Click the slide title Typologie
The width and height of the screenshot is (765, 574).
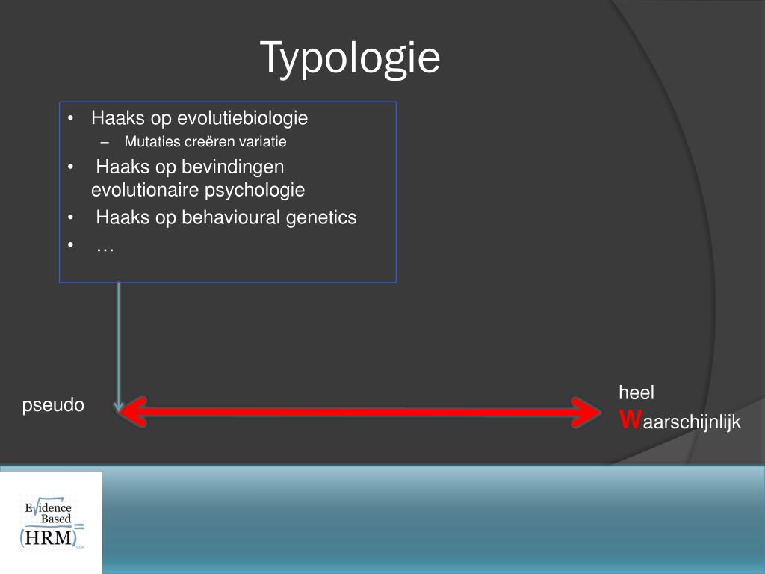click(x=350, y=58)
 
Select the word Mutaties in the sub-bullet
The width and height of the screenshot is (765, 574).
click(x=148, y=141)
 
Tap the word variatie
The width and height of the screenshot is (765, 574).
click(x=262, y=141)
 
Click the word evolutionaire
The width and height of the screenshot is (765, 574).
click(x=135, y=190)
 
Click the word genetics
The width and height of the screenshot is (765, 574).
click(x=321, y=217)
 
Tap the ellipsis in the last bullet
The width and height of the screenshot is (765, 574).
click(x=105, y=246)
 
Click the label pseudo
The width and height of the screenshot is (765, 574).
click(x=53, y=405)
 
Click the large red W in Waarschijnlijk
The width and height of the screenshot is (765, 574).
click(x=630, y=420)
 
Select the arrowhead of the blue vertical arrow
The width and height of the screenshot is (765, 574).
click(x=119, y=406)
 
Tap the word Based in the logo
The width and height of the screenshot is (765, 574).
click(x=56, y=519)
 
